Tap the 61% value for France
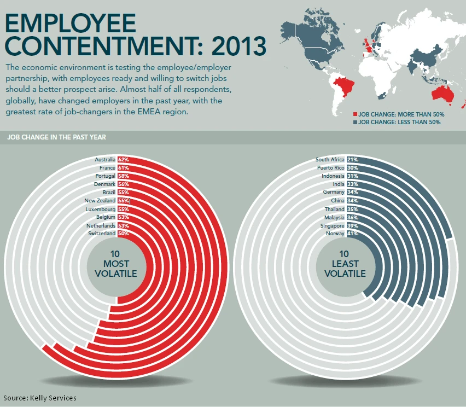[123, 168]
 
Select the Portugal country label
[105, 176]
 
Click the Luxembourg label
[101, 209]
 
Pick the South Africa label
[330, 160]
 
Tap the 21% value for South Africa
[352, 160]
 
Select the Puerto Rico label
[331, 168]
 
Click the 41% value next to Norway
[352, 234]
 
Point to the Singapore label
[333, 225]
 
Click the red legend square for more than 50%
[355, 114]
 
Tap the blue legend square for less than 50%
[355, 123]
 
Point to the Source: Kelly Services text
[40, 398]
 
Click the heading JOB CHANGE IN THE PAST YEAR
[57, 137]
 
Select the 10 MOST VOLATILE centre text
[116, 264]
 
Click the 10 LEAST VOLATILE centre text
[345, 264]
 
